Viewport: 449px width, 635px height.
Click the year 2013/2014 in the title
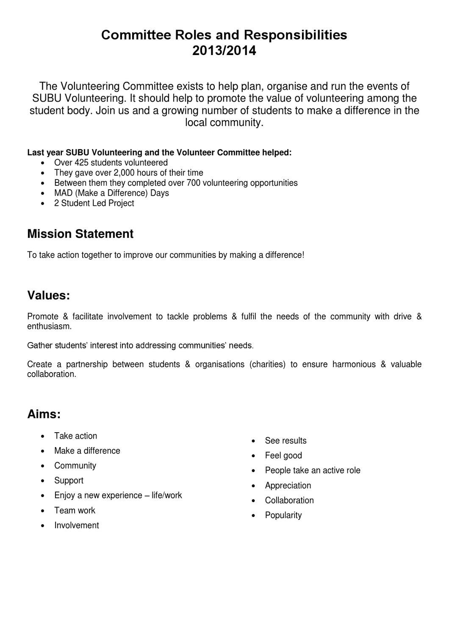224,51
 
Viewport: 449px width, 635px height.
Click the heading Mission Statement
80,234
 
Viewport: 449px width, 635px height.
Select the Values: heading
48,295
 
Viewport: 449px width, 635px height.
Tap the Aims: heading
44,414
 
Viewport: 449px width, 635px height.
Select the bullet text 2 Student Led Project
94,203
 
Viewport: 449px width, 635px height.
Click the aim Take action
75,436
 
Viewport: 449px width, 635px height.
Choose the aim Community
75,465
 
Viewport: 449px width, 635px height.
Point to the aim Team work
75,510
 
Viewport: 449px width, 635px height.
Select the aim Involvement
76,525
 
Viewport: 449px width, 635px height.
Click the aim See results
285,440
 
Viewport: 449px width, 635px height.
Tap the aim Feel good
283,456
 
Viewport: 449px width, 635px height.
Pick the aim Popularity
283,515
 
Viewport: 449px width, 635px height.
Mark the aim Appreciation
288,486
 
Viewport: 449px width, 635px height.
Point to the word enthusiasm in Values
49,327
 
